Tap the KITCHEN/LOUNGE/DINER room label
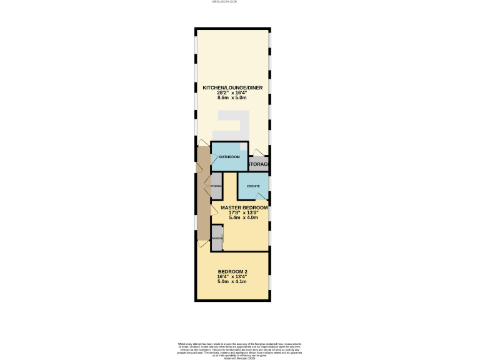(232, 87)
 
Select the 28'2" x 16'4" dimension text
(232, 92)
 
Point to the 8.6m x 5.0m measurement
(232, 97)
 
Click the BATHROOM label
(229, 157)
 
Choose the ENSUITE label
(253, 186)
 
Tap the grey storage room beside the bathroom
(259, 164)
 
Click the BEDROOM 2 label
(232, 271)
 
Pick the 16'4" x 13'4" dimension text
(232, 276)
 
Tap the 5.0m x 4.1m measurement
(232, 282)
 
